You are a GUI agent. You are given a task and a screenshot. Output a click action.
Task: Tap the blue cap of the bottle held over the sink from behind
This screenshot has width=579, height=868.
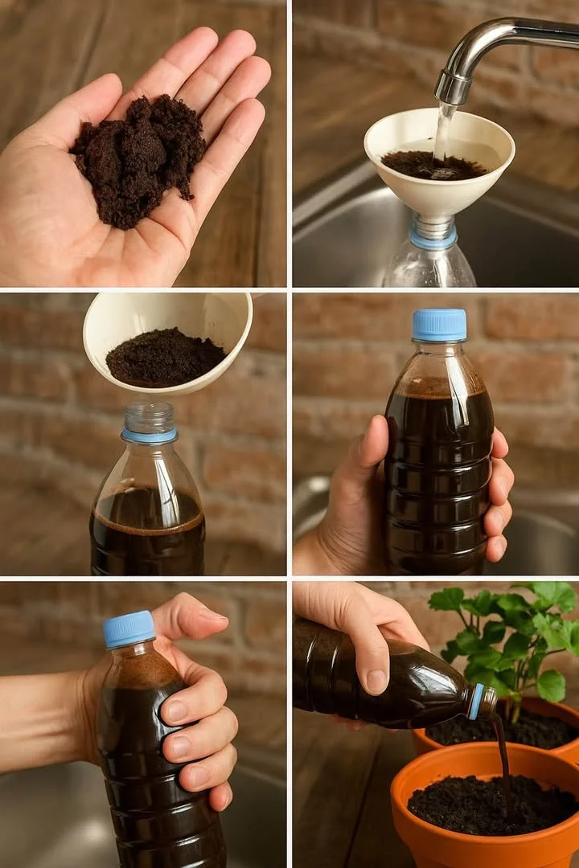(x=439, y=325)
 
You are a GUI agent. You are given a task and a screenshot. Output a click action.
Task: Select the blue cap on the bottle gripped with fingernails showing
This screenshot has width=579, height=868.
(x=129, y=628)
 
